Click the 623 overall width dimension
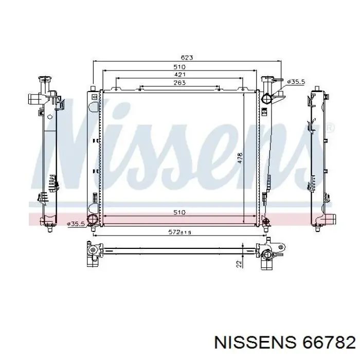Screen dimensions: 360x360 (x=187, y=58)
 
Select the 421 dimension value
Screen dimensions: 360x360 (x=179, y=75)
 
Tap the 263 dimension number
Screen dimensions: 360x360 (x=179, y=82)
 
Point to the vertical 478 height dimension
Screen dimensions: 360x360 (x=240, y=158)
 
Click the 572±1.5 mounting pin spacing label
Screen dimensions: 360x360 (x=180, y=232)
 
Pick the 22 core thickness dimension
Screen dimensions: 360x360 (x=239, y=264)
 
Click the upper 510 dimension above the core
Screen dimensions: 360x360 (x=179, y=67)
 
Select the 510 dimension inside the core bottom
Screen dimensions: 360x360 (x=179, y=212)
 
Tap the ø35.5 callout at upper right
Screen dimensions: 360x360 (x=296, y=81)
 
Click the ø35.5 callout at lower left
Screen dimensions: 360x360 (x=76, y=224)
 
